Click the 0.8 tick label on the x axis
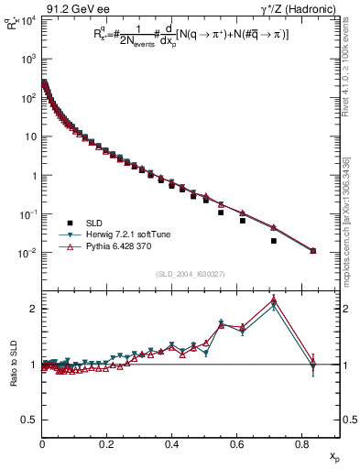coord(301,445)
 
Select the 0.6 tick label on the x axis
coord(236,445)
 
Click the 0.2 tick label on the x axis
coord(107,445)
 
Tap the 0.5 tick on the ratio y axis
coord(33,420)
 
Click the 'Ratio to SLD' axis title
coord(13,364)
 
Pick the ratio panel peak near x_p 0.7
coord(274,300)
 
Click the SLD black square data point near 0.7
coord(274,241)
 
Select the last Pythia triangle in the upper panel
coord(313,250)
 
